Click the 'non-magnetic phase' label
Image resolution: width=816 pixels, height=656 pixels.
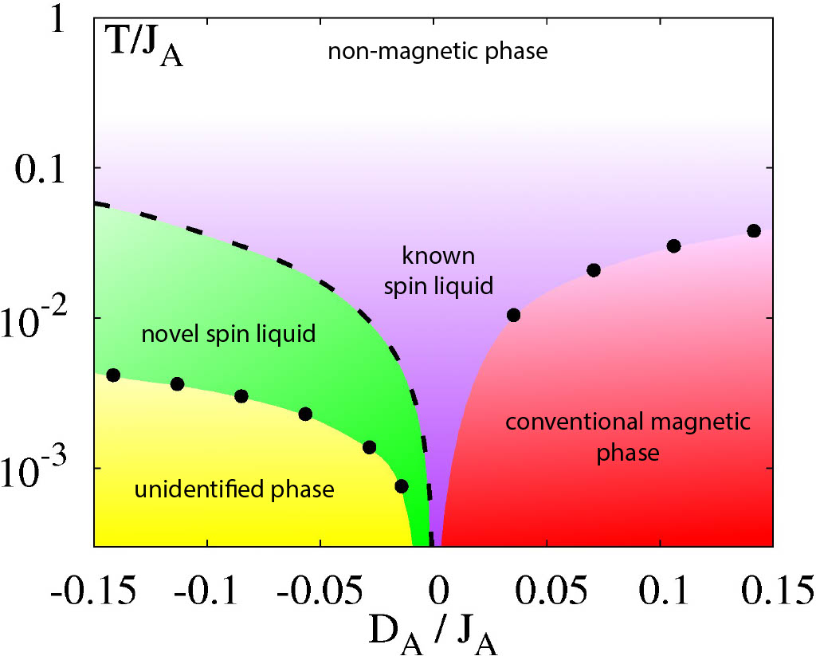pos(438,53)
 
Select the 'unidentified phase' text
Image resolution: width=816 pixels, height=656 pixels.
pos(233,489)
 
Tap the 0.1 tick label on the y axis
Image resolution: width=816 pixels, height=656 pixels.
pos(45,169)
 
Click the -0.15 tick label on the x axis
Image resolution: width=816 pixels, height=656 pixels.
pos(89,593)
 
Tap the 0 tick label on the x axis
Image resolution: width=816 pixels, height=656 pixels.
pos(437,593)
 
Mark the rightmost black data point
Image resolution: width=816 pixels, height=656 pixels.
pos(754,231)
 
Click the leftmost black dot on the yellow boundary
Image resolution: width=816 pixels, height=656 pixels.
pos(113,375)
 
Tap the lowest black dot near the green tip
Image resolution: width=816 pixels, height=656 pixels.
pos(402,486)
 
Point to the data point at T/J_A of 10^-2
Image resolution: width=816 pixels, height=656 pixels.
pos(514,315)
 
